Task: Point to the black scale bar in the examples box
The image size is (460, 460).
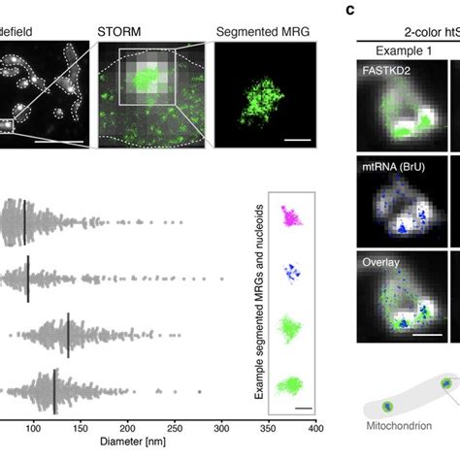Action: pyautogui.click(x=305, y=408)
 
